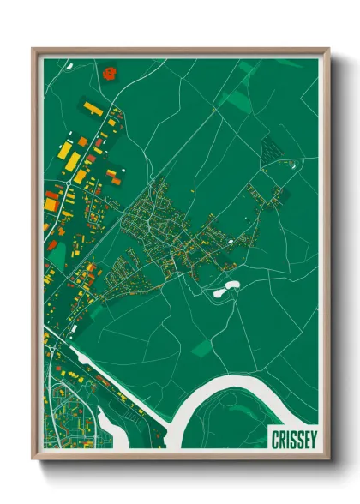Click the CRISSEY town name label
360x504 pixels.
(294, 440)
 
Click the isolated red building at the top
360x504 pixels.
(109, 73)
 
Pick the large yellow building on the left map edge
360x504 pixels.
(51, 206)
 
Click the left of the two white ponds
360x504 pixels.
(219, 293)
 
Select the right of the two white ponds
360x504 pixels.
(232, 285)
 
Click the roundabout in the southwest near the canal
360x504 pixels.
(51, 347)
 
